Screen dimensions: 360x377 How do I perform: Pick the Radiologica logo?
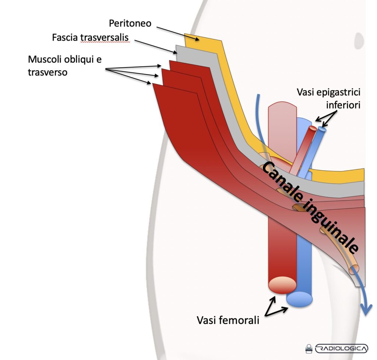point(337,348)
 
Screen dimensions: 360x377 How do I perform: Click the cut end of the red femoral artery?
point(283,284)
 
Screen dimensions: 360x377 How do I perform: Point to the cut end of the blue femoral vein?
point(299,299)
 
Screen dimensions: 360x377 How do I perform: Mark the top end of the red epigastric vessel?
point(313,128)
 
